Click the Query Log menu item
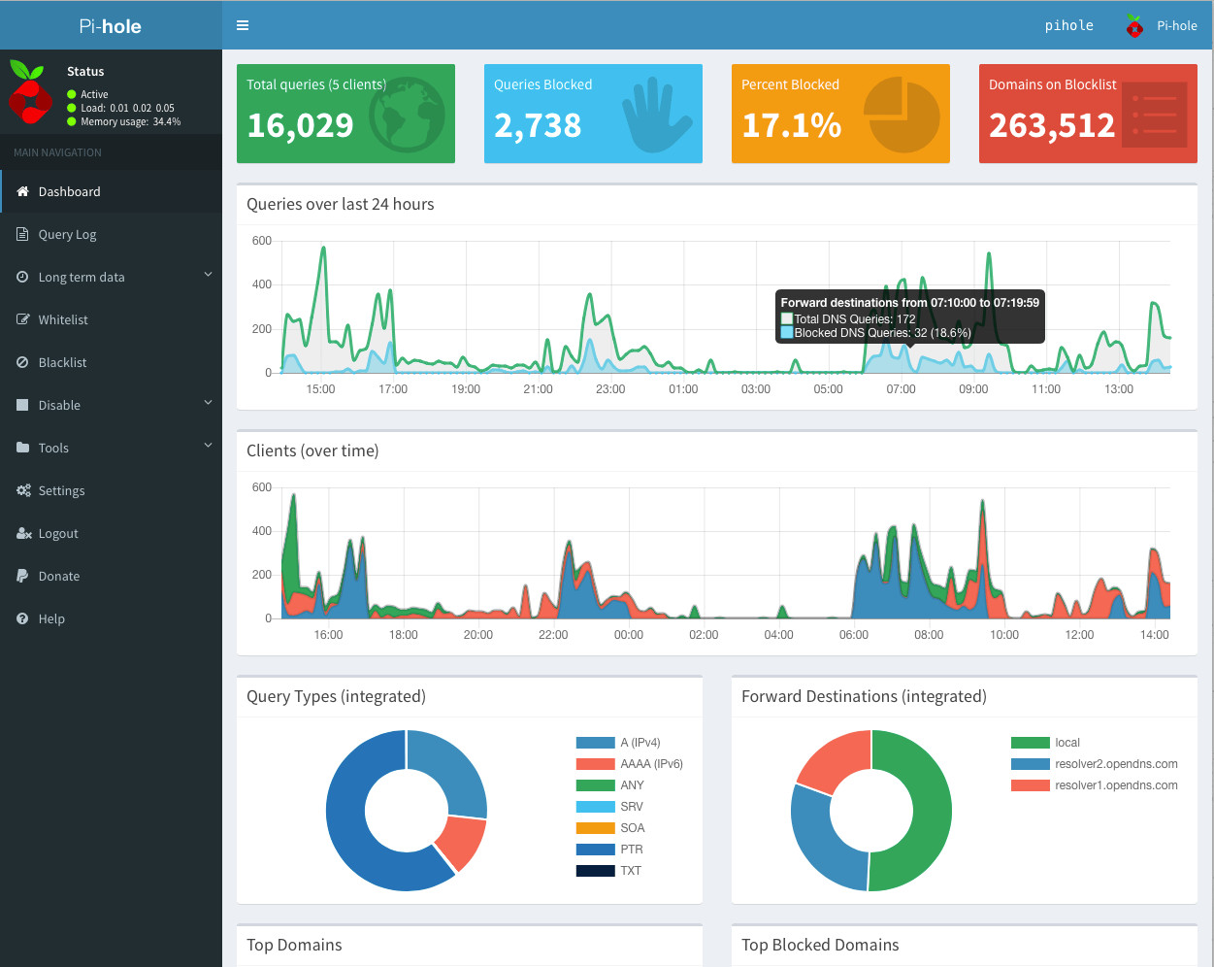coord(67,234)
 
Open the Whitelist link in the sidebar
coord(63,319)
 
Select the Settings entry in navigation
coord(61,490)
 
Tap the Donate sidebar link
coord(58,576)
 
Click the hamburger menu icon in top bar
coord(243,25)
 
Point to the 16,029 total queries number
coord(300,125)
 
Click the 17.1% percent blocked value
coord(791,125)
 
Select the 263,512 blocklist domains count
coord(1052,125)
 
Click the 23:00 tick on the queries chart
coord(610,389)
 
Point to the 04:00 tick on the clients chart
coord(778,635)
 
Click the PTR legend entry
coord(631,850)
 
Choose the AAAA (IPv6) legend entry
coord(650,764)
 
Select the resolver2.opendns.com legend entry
coord(1115,764)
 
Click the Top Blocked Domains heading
coord(820,945)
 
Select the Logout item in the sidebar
coord(57,533)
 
